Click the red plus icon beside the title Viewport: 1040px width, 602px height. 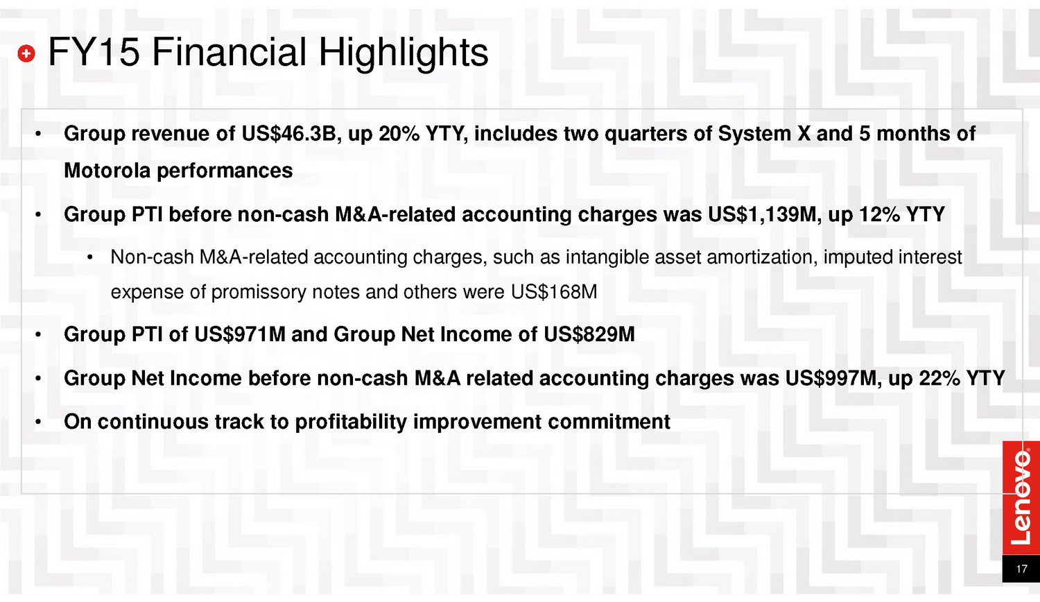click(26, 53)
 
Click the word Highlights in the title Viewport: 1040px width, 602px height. click(403, 53)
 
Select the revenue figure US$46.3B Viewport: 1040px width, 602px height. click(288, 134)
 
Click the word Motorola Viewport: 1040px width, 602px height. click(107, 171)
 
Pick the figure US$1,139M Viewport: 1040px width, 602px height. click(762, 214)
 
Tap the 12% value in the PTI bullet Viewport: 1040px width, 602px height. click(879, 214)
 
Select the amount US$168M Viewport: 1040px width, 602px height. click(554, 292)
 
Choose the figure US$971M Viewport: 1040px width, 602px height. click(240, 334)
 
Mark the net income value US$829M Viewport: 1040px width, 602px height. click(589, 334)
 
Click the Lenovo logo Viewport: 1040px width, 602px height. click(1021, 497)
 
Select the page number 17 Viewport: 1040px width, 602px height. click(1021, 569)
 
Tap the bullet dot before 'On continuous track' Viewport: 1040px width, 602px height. click(39, 422)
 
